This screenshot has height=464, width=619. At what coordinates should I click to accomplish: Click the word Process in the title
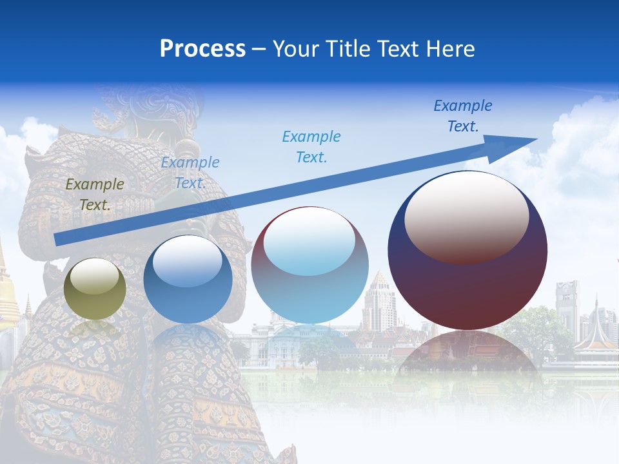202,49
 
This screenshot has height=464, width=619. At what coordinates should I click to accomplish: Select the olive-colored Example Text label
94,194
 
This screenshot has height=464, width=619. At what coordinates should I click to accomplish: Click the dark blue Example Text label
462,115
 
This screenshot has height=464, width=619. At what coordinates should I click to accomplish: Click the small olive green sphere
95,289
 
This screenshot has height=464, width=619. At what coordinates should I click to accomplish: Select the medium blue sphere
188,279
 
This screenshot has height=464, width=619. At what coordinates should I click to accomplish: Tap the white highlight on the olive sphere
94,277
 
